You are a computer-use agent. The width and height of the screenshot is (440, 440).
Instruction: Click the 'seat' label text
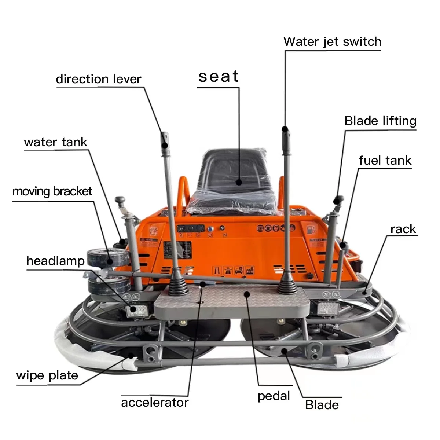tap(219, 77)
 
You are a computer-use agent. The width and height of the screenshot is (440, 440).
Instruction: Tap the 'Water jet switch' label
tap(332, 42)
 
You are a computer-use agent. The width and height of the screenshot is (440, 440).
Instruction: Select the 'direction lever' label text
tap(98, 79)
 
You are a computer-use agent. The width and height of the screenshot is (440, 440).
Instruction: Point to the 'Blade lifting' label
tap(380, 121)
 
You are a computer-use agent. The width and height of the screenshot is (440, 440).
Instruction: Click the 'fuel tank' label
tap(385, 161)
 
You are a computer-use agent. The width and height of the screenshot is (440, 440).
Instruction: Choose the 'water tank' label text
tap(56, 142)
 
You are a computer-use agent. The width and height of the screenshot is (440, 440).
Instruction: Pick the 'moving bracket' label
tap(52, 191)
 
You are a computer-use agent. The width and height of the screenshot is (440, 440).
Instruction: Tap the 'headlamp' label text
tap(55, 261)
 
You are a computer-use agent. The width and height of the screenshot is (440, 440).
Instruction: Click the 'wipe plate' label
tap(47, 375)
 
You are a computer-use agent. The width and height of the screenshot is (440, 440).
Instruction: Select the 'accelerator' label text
tap(155, 403)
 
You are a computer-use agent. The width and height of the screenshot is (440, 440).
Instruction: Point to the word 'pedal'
tap(274, 396)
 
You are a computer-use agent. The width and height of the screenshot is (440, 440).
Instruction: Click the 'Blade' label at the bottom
tap(322, 405)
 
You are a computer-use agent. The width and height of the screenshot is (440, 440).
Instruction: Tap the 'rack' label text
tap(403, 229)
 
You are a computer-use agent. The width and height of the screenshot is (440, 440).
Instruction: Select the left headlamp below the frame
tap(137, 311)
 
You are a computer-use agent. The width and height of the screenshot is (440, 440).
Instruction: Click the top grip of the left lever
tap(165, 139)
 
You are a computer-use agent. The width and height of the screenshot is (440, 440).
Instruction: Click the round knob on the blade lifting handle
tap(338, 199)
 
